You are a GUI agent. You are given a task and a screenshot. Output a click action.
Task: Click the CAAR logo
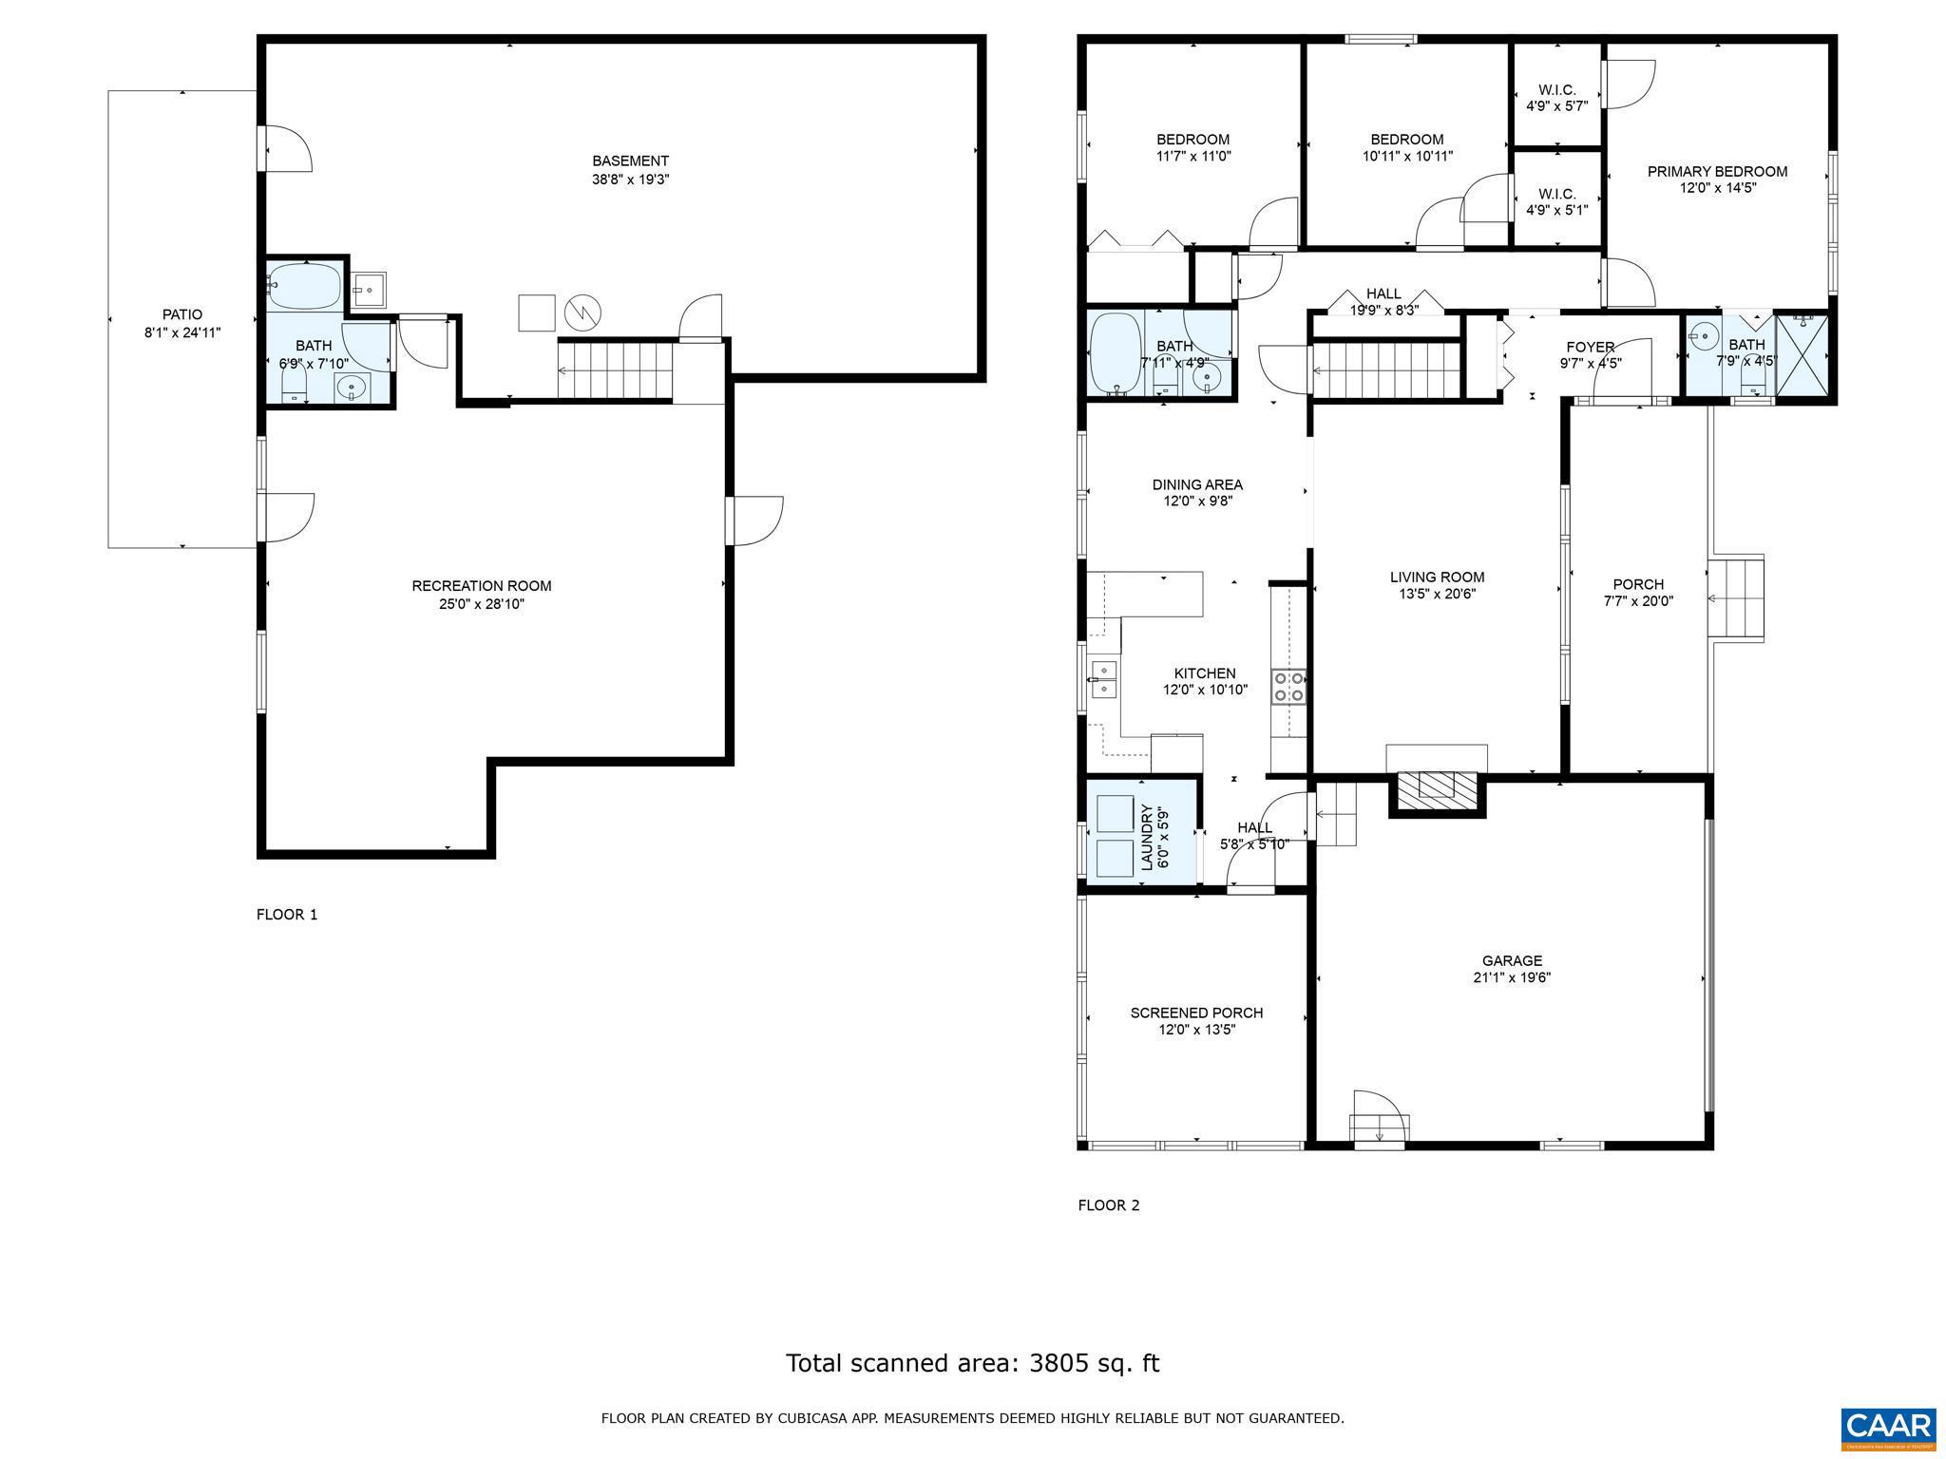click(x=1888, y=1427)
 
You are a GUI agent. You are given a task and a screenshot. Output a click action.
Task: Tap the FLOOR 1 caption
click(x=287, y=915)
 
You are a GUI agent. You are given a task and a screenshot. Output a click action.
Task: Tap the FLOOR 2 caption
click(x=1108, y=1205)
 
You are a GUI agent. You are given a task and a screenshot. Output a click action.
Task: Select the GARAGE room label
click(x=1512, y=960)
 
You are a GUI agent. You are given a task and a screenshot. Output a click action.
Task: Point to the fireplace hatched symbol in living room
click(x=1437, y=786)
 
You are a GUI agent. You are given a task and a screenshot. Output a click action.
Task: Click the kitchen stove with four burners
click(x=1288, y=687)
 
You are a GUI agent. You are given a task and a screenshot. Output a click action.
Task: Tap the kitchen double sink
click(x=1104, y=679)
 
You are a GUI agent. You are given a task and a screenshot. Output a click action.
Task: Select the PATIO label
click(x=182, y=314)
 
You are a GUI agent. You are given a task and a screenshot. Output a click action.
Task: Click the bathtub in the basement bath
click(x=304, y=284)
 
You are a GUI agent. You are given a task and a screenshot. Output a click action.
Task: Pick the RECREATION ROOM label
click(x=481, y=586)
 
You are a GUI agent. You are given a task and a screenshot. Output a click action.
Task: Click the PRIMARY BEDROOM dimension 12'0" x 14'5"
click(x=1717, y=188)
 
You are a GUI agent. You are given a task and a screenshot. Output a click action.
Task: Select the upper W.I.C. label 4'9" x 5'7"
click(x=1556, y=98)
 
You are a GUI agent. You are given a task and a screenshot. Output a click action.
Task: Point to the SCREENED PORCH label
click(x=1196, y=1013)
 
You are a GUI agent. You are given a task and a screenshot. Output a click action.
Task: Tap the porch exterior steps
click(x=1736, y=598)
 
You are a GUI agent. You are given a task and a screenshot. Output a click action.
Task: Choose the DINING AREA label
click(x=1197, y=484)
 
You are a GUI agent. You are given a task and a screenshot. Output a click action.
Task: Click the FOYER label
click(x=1589, y=347)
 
